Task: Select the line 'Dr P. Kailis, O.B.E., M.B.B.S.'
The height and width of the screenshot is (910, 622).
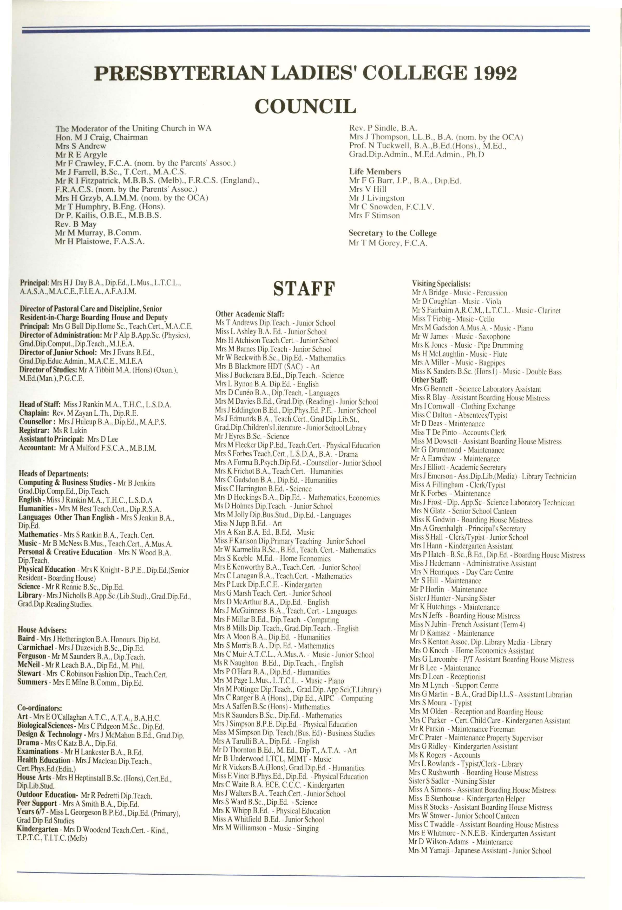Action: coord(108,215)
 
